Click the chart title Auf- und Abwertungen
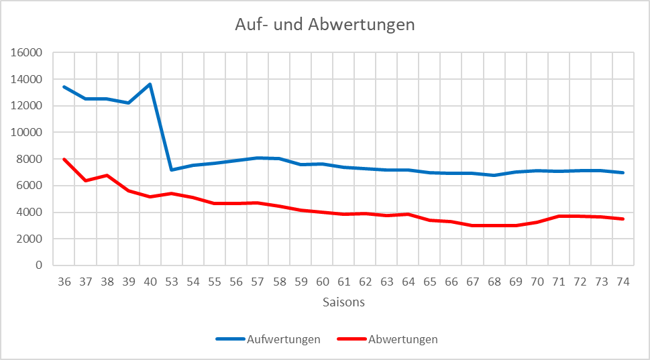(x=325, y=25)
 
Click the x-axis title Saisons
(x=343, y=302)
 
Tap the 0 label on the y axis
(x=39, y=265)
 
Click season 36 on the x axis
(x=64, y=282)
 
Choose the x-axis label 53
(x=172, y=282)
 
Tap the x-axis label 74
(x=623, y=282)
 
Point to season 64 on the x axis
(x=408, y=282)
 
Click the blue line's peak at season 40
(x=150, y=84)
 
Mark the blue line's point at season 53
(x=172, y=170)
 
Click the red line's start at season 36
(x=64, y=160)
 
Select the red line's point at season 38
(x=107, y=176)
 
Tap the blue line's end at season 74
(x=623, y=172)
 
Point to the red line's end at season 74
(x=623, y=219)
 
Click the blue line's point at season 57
(x=258, y=158)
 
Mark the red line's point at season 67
(x=472, y=225)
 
